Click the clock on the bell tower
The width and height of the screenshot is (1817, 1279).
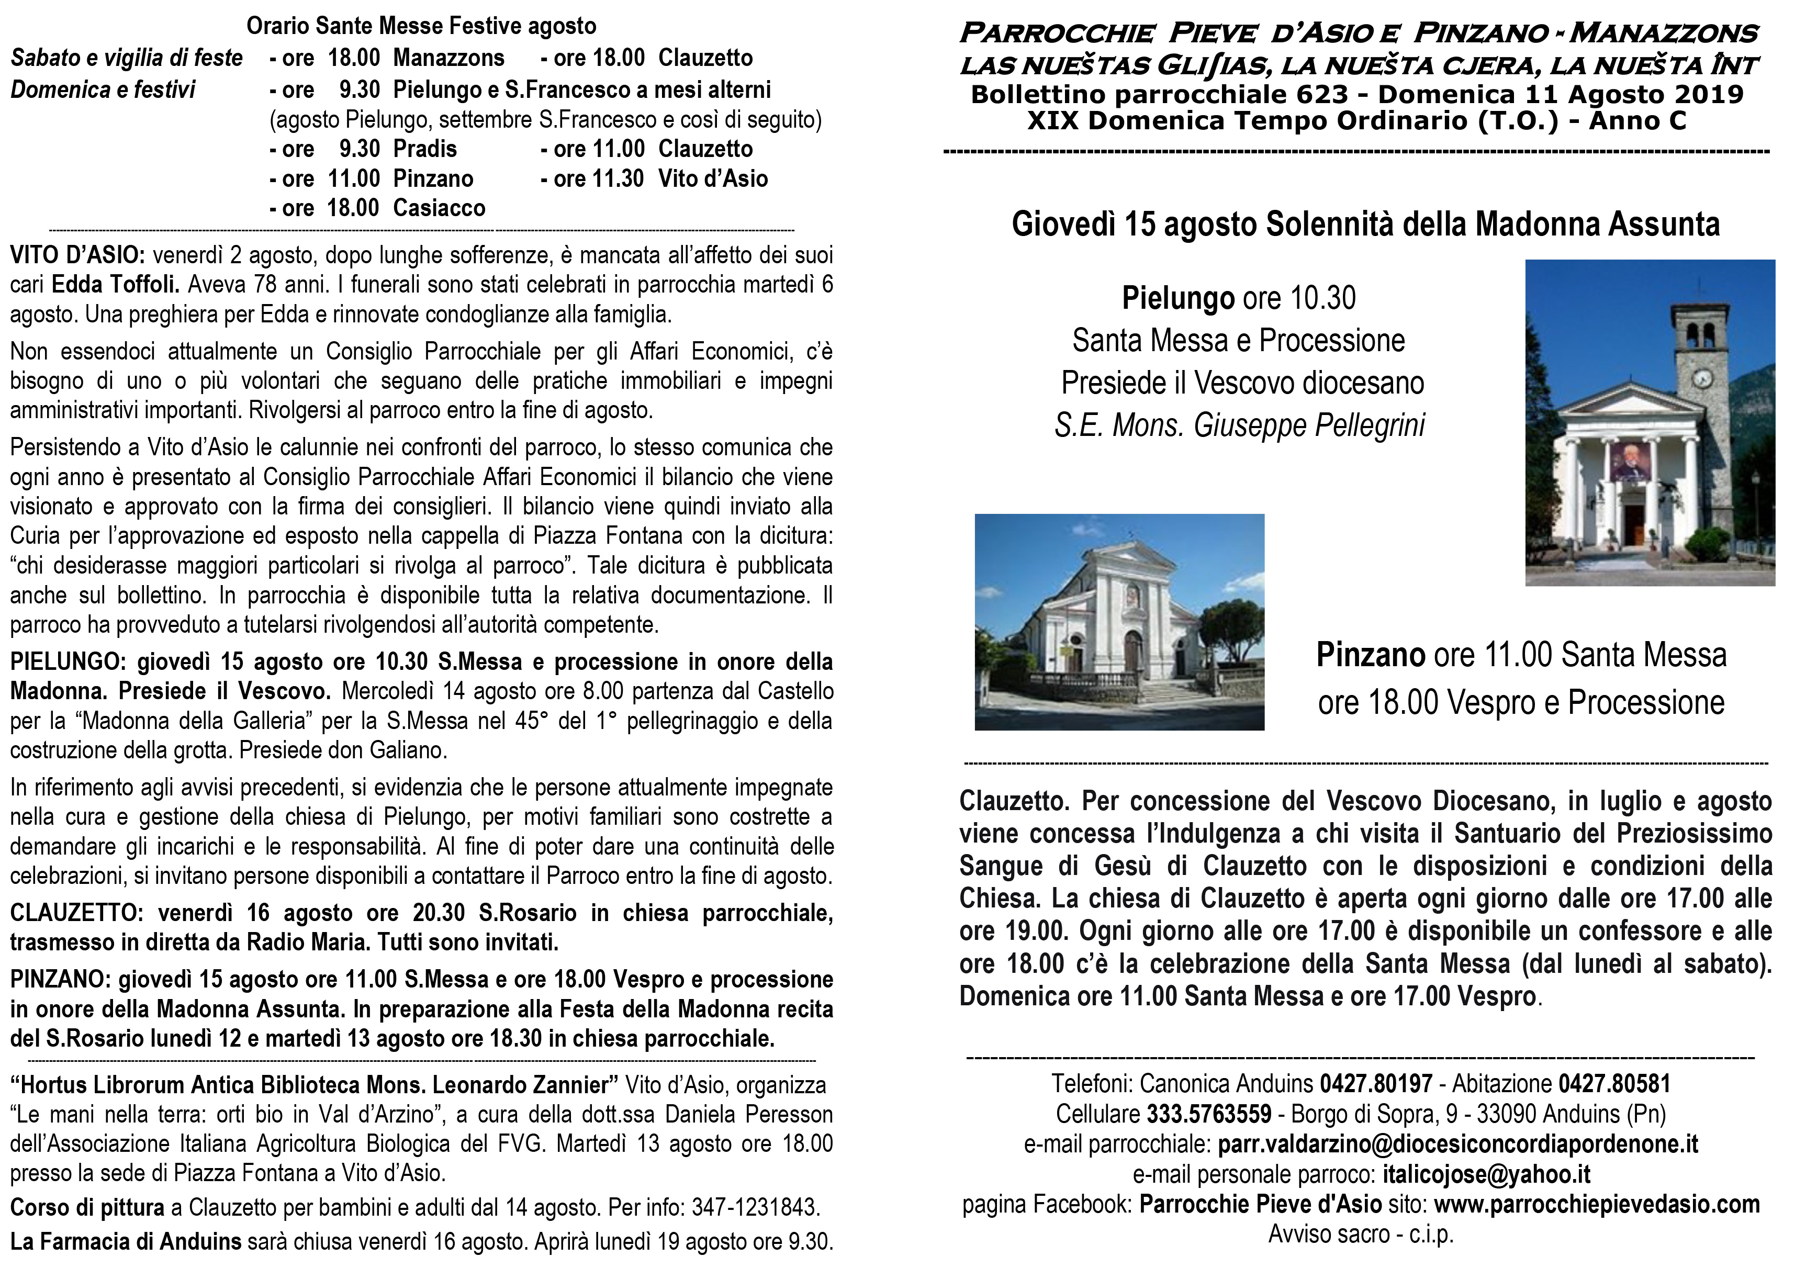1701,378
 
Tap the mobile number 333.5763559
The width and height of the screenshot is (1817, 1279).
1208,1114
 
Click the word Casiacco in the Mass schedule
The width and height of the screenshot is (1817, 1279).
439,208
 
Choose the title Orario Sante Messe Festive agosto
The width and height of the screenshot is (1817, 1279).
421,26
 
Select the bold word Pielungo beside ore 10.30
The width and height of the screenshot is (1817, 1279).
1177,298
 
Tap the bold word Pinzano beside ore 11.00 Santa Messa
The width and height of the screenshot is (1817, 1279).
1370,655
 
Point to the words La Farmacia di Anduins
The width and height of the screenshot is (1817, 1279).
126,1241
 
